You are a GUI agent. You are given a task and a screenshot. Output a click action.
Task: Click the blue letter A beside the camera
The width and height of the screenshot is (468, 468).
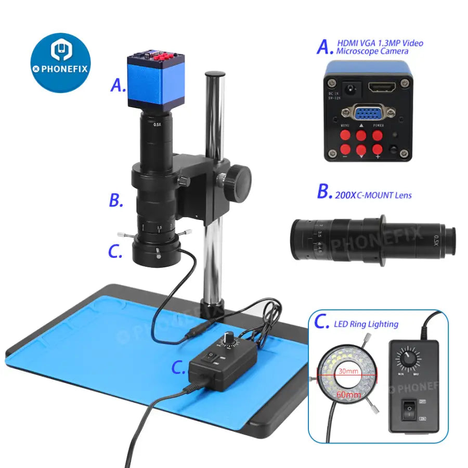click(x=118, y=85)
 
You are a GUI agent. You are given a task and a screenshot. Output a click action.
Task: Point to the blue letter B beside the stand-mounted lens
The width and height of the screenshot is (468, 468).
click(x=116, y=200)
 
